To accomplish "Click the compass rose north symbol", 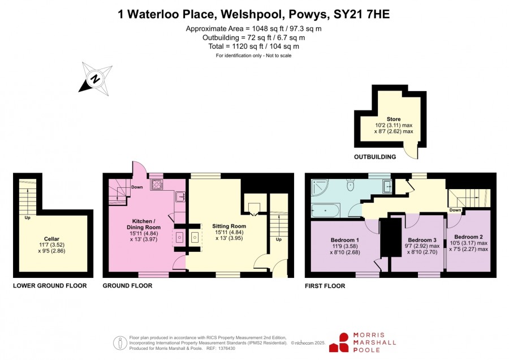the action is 96,79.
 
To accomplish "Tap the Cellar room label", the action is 51,239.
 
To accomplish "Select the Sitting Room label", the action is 229,226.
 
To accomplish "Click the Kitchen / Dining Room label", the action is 144,224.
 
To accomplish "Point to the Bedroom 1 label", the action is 345,240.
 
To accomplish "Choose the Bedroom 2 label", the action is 468,237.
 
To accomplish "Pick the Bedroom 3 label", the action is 422,240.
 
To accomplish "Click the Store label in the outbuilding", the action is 394,119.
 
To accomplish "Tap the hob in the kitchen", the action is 157,185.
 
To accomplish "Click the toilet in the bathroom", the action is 350,185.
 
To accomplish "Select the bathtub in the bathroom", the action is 326,211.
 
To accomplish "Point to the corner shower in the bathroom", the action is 320,187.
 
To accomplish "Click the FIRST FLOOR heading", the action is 325,286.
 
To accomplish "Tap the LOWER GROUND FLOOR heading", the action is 50,286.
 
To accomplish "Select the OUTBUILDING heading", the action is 375,157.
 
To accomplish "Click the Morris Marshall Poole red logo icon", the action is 339,342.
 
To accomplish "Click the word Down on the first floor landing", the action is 455,210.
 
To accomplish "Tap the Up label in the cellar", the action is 28,218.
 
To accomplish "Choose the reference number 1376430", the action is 226,348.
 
